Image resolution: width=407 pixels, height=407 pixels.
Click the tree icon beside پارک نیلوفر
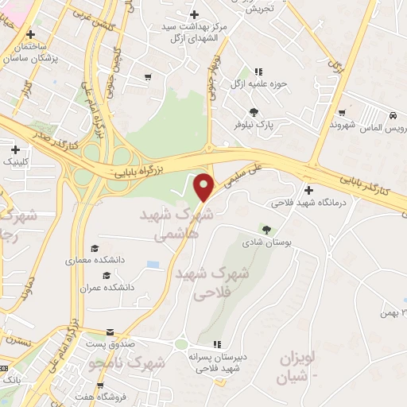[x=254, y=112]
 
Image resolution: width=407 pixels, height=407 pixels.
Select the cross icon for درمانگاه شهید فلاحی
[x=308, y=190]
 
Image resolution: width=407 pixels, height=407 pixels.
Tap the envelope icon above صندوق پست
[x=110, y=331]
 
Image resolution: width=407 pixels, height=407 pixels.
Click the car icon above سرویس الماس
[x=393, y=115]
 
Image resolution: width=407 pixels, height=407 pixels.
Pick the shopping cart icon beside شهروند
[x=342, y=113]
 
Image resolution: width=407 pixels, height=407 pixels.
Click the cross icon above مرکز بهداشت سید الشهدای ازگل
[x=195, y=14]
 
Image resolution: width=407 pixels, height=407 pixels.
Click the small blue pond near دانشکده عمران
[x=153, y=264]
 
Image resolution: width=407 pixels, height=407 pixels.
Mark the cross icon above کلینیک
[x=15, y=149]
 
